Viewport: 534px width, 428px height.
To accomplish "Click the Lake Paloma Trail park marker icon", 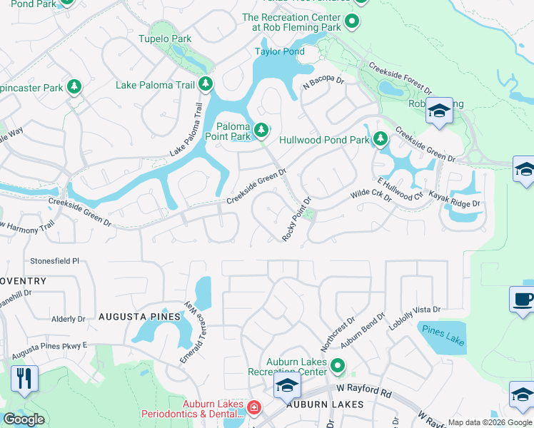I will point(206,85).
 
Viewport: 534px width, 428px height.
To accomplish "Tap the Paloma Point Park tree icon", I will point(262,130).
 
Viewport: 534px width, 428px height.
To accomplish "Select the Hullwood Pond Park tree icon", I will point(381,138).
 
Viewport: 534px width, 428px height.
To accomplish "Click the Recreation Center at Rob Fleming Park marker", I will point(351,23).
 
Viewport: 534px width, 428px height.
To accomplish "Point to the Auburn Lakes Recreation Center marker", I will point(337,367).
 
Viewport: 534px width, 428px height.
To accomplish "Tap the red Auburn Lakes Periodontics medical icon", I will point(253,407).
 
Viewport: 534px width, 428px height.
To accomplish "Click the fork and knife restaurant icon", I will point(25,377).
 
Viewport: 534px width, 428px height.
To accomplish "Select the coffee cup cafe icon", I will point(521,299).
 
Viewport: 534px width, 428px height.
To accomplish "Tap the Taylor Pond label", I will point(280,51).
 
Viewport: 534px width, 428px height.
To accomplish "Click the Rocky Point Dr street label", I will point(297,219).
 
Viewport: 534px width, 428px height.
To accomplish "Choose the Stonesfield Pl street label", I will point(54,261).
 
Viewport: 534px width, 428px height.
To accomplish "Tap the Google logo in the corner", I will point(24,419).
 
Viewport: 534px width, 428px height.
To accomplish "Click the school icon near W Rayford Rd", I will point(287,386).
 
